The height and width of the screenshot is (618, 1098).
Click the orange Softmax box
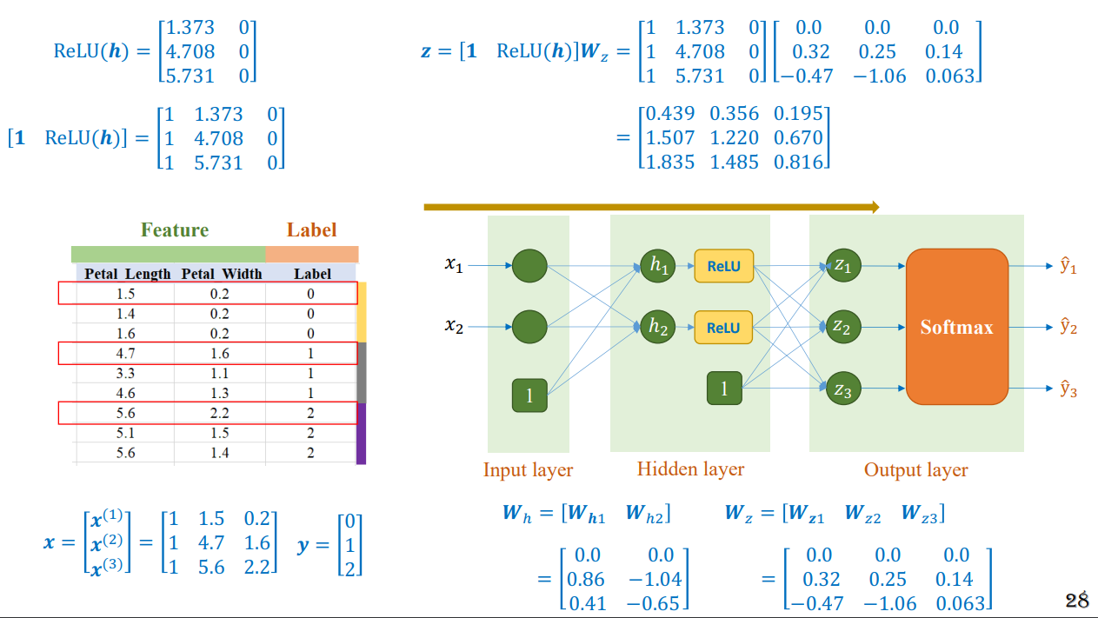[x=957, y=327]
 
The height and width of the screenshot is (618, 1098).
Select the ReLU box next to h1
[x=723, y=266]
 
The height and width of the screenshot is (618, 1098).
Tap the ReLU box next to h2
[x=723, y=327]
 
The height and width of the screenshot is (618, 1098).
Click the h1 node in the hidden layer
[x=657, y=266]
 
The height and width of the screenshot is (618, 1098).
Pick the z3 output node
[x=843, y=389]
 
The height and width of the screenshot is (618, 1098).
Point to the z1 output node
[x=843, y=266]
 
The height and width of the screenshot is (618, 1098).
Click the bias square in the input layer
[x=529, y=395]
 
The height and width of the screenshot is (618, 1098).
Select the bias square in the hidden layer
[x=724, y=389]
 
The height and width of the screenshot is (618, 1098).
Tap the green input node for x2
[x=529, y=327]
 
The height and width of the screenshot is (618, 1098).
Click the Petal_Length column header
[x=128, y=274]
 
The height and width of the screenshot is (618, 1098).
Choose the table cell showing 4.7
[x=125, y=354]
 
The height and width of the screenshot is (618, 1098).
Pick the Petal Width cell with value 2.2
[x=220, y=413]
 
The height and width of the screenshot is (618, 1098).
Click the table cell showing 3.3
[x=125, y=374]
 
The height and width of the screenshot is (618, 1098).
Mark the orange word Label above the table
[x=312, y=229]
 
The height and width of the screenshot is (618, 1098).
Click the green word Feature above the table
[x=175, y=229]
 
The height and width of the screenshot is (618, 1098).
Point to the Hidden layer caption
[x=690, y=469]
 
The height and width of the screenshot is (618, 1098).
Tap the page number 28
[x=1076, y=600]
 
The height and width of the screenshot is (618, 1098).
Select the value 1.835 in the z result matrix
[x=670, y=162]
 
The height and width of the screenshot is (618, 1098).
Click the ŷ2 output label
[x=1068, y=327]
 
